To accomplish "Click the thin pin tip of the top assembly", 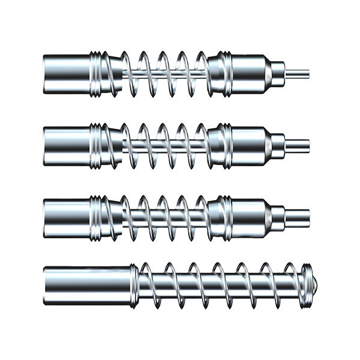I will [300, 74].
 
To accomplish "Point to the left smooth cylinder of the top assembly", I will [66, 73].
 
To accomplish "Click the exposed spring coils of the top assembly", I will [165, 73].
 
